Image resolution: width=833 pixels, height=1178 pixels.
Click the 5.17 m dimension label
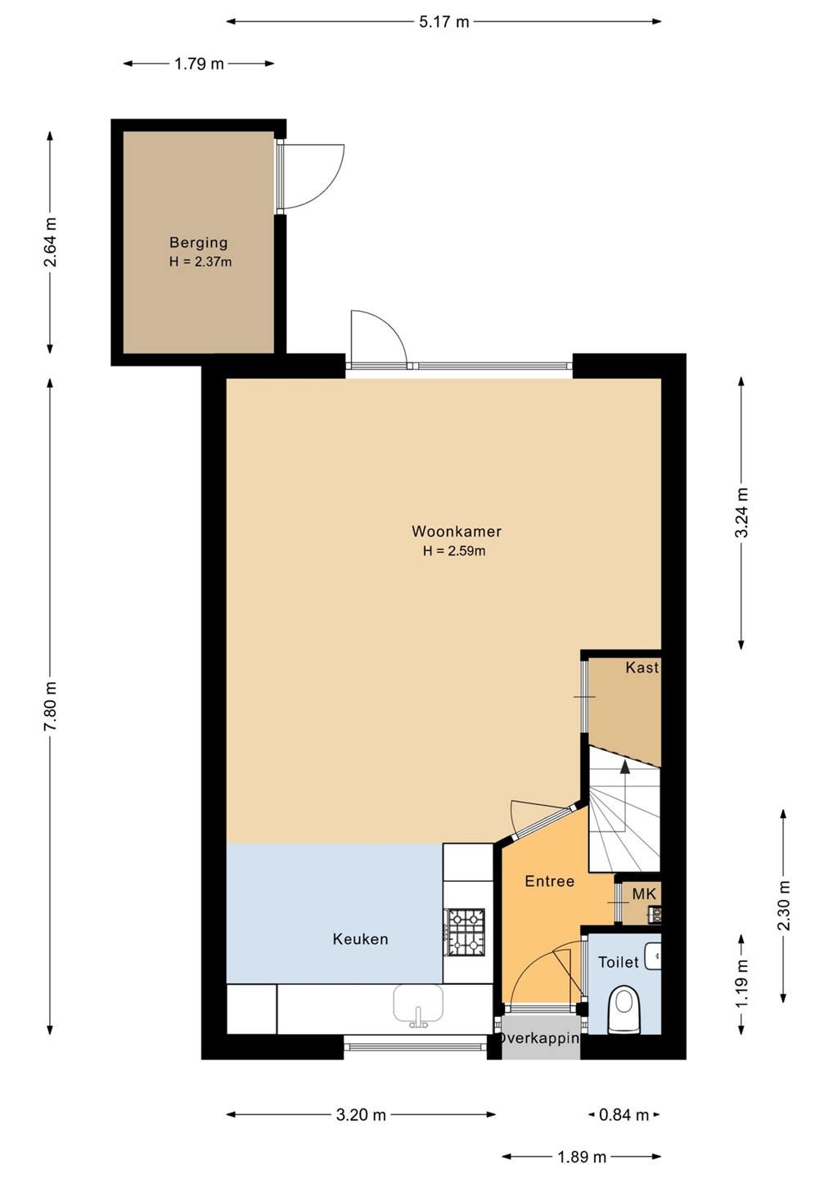coord(444,22)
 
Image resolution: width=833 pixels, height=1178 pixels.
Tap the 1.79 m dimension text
coord(199,64)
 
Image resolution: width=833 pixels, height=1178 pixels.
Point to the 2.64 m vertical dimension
coord(51,242)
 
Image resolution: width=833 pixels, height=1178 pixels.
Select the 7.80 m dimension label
coord(51,705)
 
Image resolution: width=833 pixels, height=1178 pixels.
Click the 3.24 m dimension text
coord(741,513)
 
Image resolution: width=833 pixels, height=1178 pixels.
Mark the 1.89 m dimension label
coord(581,1157)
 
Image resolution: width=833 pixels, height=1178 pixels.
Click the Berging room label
coord(198,243)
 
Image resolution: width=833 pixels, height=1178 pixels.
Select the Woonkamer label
coord(457,531)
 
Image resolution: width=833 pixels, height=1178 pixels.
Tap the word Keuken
coord(360,939)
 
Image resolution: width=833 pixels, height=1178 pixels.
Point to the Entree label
coord(550,881)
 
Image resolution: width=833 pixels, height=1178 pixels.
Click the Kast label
coord(642,668)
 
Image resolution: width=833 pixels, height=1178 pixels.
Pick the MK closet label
coord(644,894)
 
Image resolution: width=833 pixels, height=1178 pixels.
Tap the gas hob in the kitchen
coord(466,932)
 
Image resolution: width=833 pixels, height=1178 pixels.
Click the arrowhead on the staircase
coord(625,767)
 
